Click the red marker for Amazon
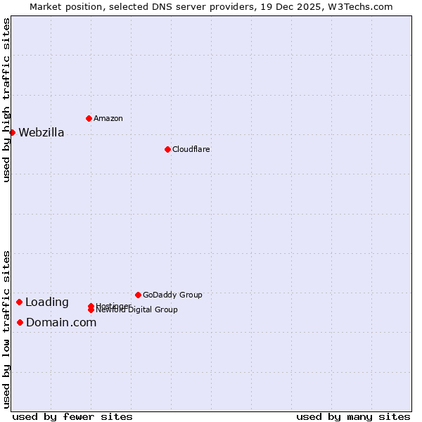[x=89, y=118]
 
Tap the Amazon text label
[x=108, y=118]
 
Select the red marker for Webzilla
[x=12, y=132]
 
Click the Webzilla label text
[x=41, y=133]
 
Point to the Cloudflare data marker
[x=167, y=149]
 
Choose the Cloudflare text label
[x=191, y=149]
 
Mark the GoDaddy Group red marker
[x=138, y=295]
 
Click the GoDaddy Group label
[x=172, y=295]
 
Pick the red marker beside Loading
[x=19, y=302]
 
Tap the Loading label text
[x=47, y=302]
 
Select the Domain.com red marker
[x=20, y=322]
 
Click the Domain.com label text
[x=61, y=323]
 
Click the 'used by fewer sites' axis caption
[x=72, y=416]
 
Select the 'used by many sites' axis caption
[x=353, y=416]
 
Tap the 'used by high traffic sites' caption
[x=6, y=100]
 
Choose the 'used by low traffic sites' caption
[x=6, y=328]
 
